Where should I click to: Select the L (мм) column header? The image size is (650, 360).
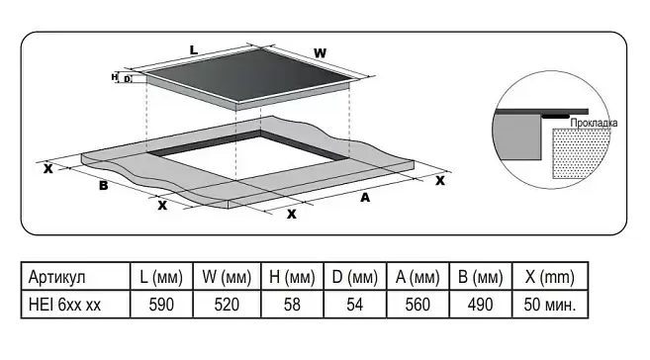pos(161,277)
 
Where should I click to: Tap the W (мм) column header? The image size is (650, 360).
pos(227,277)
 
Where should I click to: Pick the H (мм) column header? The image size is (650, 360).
pos(292,277)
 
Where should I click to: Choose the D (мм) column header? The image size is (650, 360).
pos(355,277)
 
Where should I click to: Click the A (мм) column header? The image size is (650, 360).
pos(418,277)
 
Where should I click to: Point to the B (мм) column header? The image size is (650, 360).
pos(481,277)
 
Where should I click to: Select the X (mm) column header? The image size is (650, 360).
pos(550,277)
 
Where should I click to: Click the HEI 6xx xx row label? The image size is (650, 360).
pos(64,305)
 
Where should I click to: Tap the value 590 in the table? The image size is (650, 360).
pos(161,305)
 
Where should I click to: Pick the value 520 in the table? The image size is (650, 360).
pos(227,305)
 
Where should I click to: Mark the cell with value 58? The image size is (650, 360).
pos(292,305)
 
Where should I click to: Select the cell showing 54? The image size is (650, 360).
pos(355,305)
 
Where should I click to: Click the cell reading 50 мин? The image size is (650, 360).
pos(550,305)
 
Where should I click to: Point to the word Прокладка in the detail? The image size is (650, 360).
pos(594,123)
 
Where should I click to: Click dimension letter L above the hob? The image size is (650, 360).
pos(194,50)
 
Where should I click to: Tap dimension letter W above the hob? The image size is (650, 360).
pos(320,53)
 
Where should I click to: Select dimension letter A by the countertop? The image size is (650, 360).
pos(365,198)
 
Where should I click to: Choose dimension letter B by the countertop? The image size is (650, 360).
pos(104,185)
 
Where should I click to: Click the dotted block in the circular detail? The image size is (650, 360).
pos(580,153)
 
